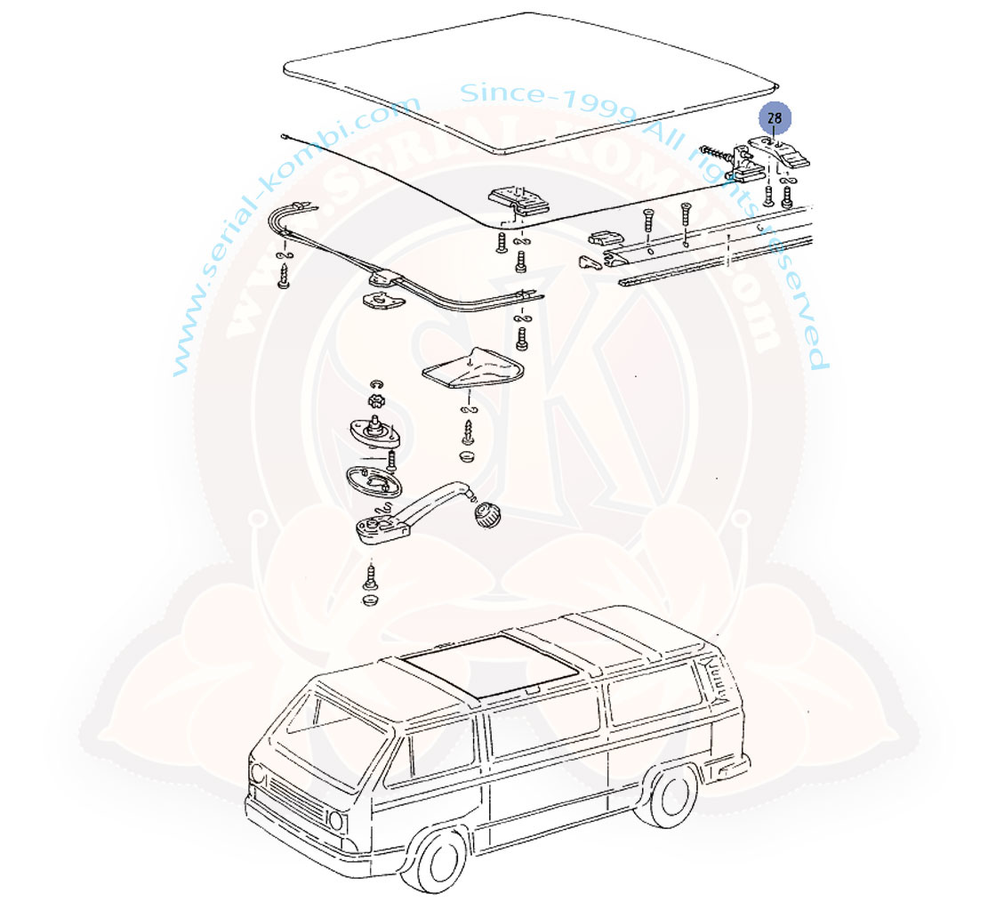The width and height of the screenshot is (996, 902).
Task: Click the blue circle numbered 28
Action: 775,118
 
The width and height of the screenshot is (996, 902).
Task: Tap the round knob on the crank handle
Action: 487,513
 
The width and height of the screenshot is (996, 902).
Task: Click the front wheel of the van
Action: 442,863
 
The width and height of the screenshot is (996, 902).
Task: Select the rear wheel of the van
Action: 671,796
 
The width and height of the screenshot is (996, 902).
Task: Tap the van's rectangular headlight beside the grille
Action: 337,821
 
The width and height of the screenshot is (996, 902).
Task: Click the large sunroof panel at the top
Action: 530,83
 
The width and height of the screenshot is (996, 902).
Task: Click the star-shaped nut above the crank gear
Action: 377,401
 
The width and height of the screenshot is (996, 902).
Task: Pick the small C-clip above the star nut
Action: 376,384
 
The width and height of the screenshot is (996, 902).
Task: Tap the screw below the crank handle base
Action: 370,576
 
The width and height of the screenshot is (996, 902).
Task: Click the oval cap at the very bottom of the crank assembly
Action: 370,600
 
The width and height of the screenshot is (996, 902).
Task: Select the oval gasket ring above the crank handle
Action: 374,481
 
